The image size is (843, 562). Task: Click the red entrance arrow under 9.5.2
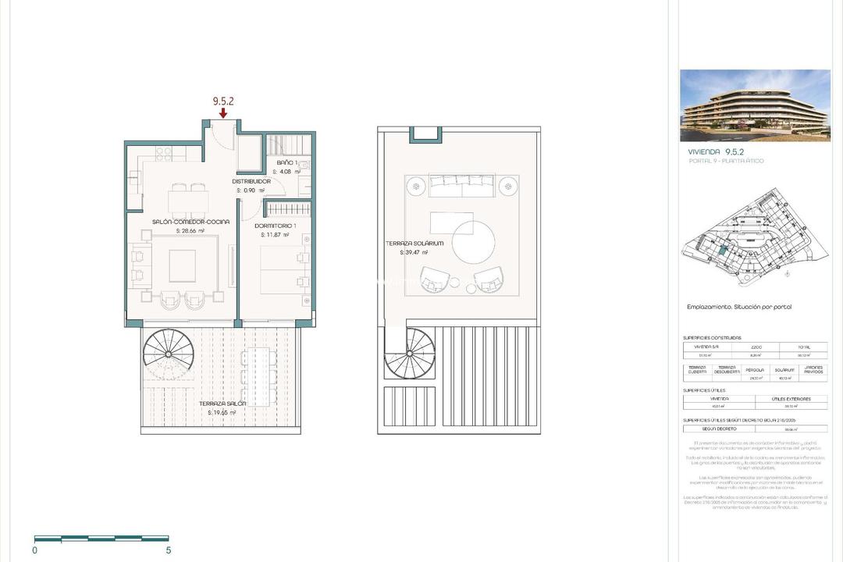point(223,114)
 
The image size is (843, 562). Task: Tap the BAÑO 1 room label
point(287,163)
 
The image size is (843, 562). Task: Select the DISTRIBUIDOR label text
point(251,181)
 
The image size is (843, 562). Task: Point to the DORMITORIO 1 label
point(276,225)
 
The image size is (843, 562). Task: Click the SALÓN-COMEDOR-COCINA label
point(190,222)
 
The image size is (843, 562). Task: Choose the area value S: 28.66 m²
point(190,231)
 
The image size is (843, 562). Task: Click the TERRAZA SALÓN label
point(222,404)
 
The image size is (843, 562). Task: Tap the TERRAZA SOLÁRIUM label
point(414,244)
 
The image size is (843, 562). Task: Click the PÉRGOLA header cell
point(753,369)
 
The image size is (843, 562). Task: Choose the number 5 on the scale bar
point(169,550)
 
